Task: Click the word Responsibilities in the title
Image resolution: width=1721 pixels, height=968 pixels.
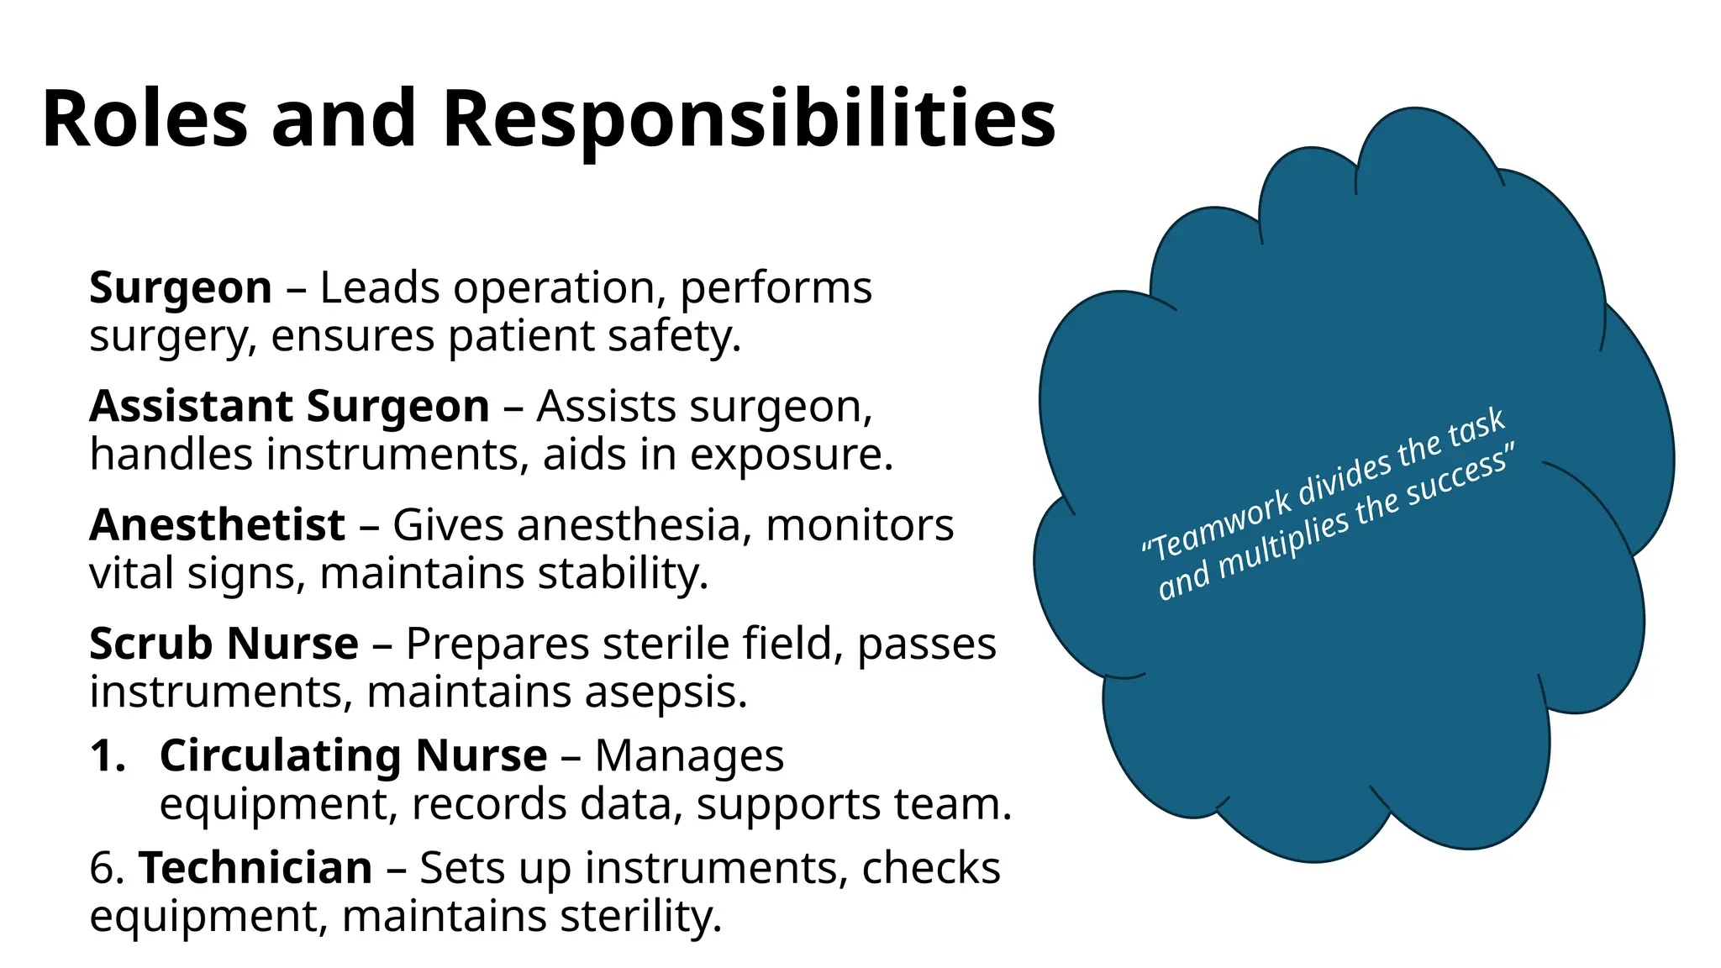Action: (748, 119)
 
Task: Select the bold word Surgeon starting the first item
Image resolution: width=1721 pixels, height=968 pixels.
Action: (181, 288)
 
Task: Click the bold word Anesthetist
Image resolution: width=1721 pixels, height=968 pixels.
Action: (217, 526)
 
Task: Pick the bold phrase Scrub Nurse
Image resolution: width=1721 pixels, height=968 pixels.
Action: (224, 644)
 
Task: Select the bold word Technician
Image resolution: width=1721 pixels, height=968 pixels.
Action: (255, 868)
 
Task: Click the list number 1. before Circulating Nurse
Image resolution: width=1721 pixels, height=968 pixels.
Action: (108, 755)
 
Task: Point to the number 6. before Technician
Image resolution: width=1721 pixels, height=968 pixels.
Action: (107, 868)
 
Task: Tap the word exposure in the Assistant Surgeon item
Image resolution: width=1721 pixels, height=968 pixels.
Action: (791, 455)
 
